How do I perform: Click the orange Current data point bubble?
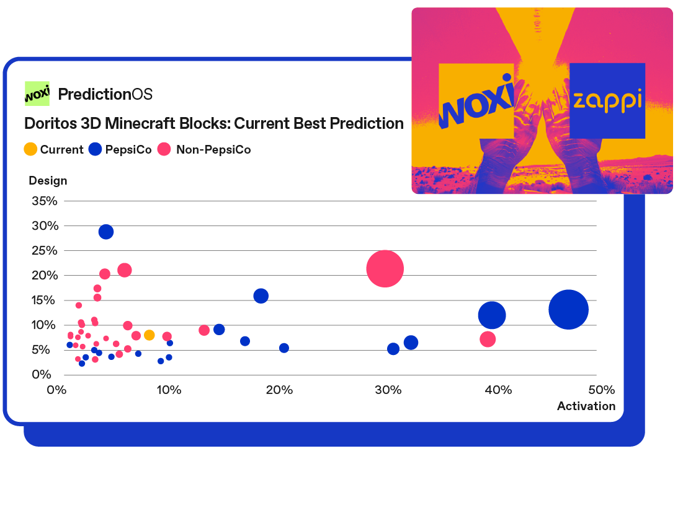point(149,335)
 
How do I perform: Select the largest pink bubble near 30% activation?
point(385,269)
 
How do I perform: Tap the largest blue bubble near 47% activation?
point(568,310)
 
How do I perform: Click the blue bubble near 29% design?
point(106,232)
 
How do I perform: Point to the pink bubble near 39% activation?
point(488,339)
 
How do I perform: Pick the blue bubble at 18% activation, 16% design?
point(261,296)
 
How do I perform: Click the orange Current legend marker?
point(30,149)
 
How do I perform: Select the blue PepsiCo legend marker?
point(95,149)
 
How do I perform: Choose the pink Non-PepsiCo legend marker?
point(164,149)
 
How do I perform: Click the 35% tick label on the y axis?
point(45,201)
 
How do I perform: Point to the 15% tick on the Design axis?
point(43,300)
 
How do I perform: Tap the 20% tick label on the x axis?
point(279,390)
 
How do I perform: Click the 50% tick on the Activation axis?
point(602,390)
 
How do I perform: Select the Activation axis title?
point(586,406)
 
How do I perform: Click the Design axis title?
point(48,180)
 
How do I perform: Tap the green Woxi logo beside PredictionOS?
point(37,94)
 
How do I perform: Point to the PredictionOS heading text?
point(105,94)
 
